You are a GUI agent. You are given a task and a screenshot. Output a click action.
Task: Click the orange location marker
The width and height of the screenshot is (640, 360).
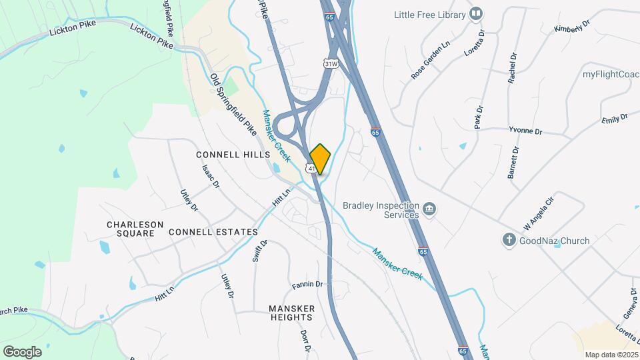321,158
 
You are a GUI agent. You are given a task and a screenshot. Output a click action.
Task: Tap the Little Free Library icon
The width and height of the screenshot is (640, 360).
475,13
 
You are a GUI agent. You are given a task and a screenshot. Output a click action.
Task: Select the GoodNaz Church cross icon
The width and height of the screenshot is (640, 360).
509,239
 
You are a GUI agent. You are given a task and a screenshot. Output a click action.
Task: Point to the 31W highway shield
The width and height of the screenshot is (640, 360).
329,63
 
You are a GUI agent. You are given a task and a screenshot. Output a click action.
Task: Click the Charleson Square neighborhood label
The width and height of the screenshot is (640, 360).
135,229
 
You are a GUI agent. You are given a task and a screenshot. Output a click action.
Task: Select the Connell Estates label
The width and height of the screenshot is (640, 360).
213,232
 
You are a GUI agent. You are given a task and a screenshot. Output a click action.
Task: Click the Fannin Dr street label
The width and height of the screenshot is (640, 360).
307,285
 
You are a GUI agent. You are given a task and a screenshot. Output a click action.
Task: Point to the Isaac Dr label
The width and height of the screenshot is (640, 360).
211,175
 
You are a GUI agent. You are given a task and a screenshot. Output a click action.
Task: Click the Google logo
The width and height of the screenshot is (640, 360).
22,351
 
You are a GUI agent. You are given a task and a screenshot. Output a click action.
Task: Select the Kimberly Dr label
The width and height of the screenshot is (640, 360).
572,27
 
